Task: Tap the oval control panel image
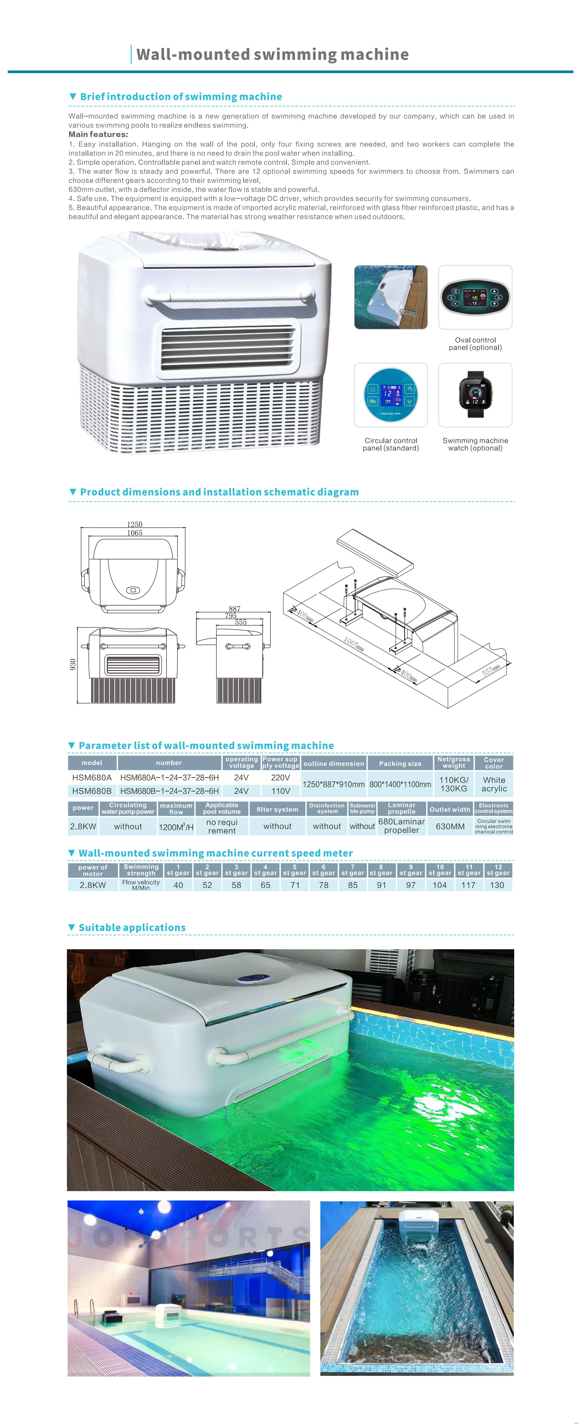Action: [475, 297]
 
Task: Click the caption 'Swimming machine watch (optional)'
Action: [475, 444]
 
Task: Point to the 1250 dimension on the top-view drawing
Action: [134, 524]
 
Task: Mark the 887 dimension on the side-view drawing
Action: [235, 608]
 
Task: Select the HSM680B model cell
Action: [92, 791]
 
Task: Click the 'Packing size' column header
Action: [400, 763]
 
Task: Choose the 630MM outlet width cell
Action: [450, 827]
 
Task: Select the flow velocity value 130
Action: [497, 885]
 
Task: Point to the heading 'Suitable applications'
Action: [132, 928]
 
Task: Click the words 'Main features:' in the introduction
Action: [98, 134]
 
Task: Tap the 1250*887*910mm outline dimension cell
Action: [333, 784]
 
